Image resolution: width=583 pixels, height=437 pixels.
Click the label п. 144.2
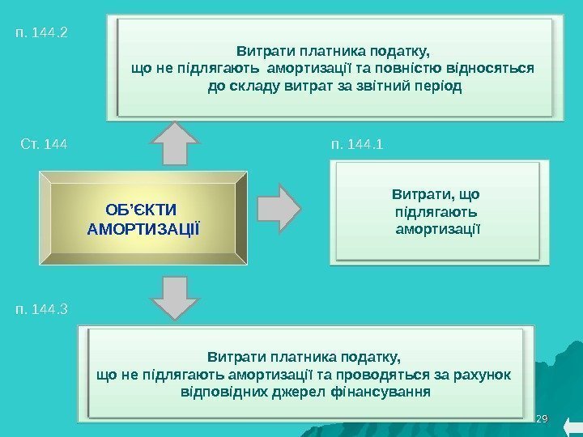(x=42, y=34)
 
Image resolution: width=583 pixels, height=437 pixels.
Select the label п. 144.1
(x=357, y=145)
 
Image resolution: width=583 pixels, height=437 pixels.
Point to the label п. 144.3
(x=42, y=308)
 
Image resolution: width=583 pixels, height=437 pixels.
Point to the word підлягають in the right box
(x=436, y=212)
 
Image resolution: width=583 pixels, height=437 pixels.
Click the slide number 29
(x=543, y=418)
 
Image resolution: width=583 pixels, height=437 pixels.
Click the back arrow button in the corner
(x=570, y=426)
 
